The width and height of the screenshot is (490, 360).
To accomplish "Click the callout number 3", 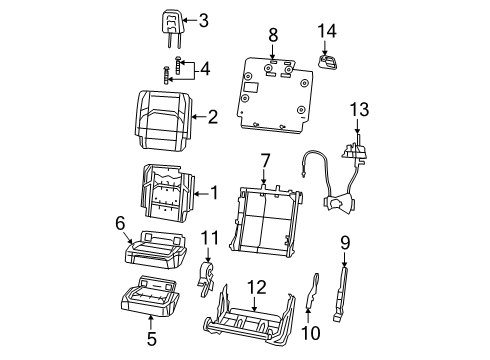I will click(x=203, y=20).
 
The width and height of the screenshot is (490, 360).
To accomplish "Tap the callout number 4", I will click(x=205, y=69).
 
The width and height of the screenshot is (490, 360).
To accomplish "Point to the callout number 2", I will click(x=211, y=117).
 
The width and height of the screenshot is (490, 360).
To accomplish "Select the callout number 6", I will click(x=119, y=223).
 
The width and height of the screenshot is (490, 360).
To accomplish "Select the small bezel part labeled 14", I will click(x=325, y=62).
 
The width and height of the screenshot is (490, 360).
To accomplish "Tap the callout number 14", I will click(x=324, y=31).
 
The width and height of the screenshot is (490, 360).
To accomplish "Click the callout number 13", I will click(x=359, y=109).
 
